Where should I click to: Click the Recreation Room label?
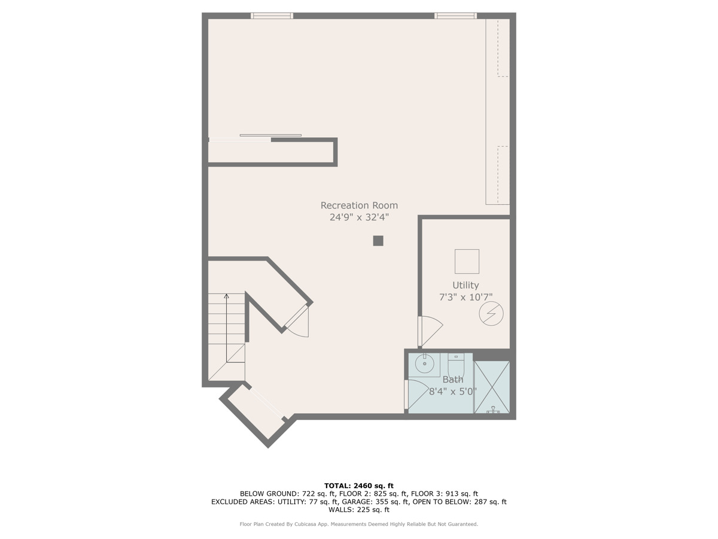359,205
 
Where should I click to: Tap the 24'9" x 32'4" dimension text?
359,217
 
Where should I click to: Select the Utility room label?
466,285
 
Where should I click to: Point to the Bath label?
453,380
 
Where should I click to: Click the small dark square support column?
378,241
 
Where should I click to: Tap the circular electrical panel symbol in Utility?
491,313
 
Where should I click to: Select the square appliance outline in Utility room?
467,262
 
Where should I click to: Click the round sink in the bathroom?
425,363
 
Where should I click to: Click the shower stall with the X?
492,386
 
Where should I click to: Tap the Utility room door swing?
430,331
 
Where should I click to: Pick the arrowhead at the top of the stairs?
226,295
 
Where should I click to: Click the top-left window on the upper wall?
272,16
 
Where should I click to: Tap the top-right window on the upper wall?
455,16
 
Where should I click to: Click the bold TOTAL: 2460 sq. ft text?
359,486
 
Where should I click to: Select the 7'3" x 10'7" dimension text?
466,297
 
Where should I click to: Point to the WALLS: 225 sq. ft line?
359,510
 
